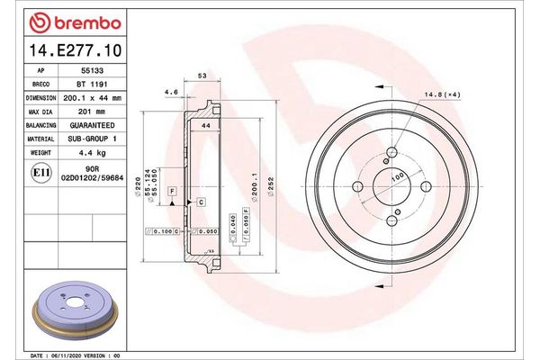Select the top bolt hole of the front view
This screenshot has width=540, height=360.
point(391,152)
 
